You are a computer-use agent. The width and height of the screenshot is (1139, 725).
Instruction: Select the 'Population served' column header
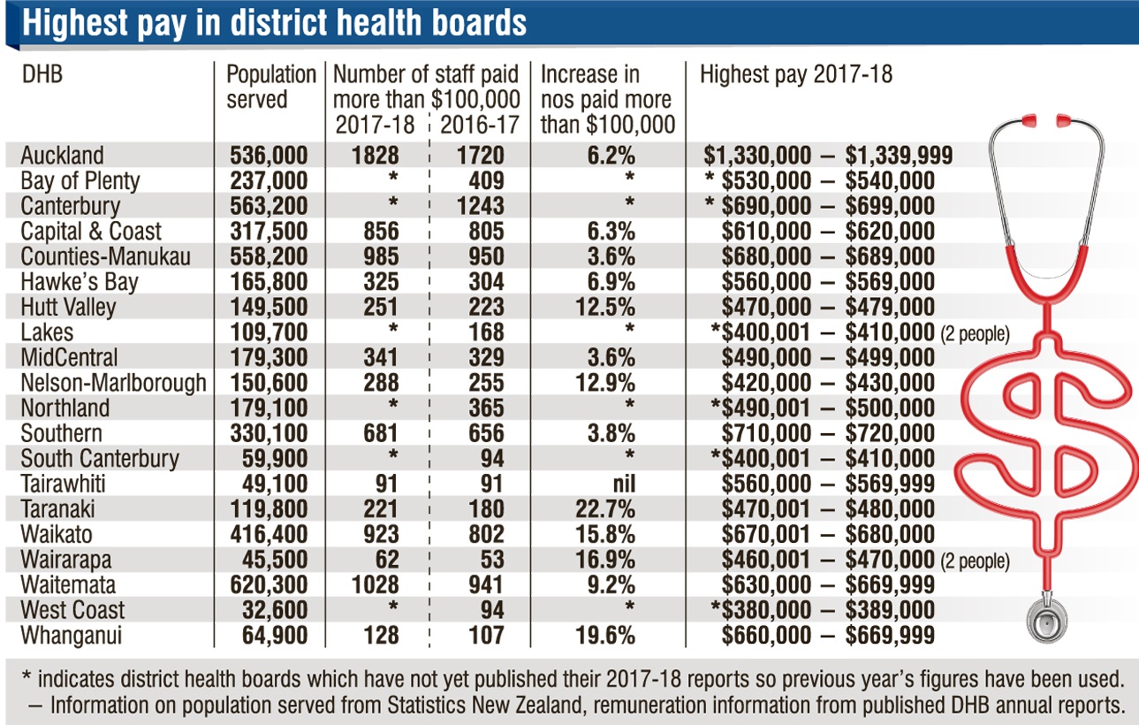coord(270,87)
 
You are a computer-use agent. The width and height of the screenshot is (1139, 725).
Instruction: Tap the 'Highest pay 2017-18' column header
coord(796,74)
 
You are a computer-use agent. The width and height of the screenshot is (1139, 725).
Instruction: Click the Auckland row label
coord(62,156)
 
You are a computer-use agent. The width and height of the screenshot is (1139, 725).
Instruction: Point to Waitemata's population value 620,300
coord(268,585)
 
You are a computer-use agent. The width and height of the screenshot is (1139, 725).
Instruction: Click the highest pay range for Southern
coord(828,433)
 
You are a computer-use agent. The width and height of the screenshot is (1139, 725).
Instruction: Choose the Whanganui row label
coord(72,636)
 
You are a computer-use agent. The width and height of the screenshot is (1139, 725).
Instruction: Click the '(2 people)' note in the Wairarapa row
coord(975,561)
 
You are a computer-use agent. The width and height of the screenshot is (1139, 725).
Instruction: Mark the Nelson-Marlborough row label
coord(113,383)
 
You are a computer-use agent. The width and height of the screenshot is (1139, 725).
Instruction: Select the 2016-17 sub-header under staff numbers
coord(479,125)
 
